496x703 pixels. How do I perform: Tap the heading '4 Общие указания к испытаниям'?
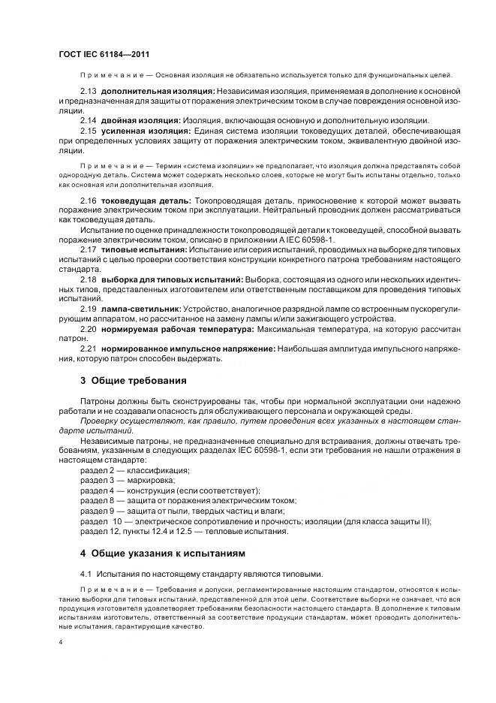click(163, 553)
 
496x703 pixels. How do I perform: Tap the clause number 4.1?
click(86, 573)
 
